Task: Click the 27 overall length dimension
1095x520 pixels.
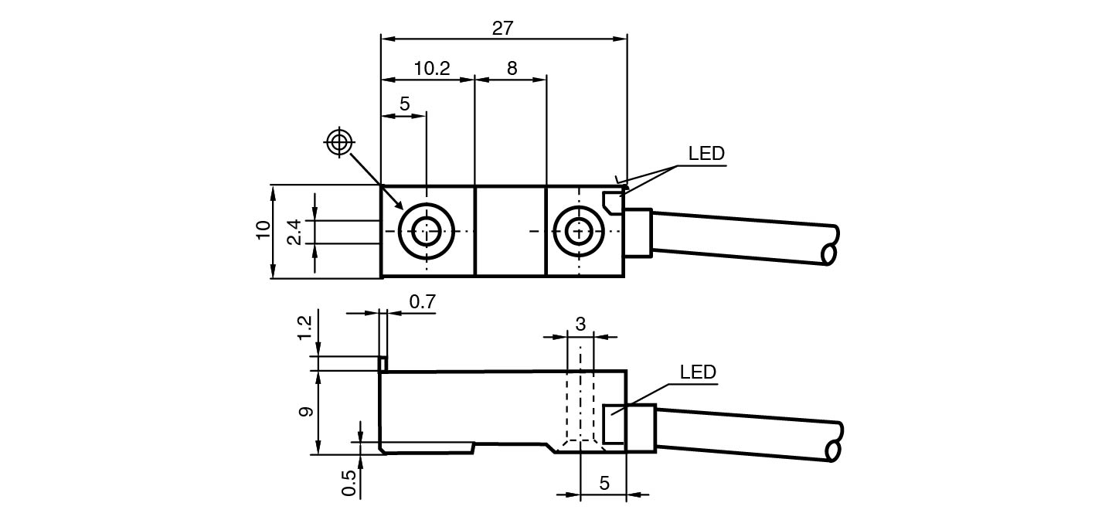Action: (x=502, y=28)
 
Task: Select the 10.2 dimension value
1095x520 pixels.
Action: (x=431, y=68)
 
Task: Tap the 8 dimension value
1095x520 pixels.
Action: (x=512, y=68)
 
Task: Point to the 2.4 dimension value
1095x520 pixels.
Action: (x=294, y=231)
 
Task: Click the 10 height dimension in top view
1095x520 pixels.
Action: (x=264, y=230)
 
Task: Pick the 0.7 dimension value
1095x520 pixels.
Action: (x=422, y=302)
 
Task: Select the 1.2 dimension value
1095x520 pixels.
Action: (x=305, y=327)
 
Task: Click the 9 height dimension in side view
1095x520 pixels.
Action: (x=305, y=412)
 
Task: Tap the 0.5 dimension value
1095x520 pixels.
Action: (x=349, y=483)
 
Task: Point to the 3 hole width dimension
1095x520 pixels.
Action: (x=580, y=324)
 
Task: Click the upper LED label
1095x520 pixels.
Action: (x=706, y=153)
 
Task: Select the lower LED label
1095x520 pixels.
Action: (x=698, y=372)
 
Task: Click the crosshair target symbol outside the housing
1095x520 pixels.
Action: (x=339, y=143)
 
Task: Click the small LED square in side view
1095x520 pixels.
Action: (x=614, y=424)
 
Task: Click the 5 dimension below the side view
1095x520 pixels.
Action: (x=604, y=483)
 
